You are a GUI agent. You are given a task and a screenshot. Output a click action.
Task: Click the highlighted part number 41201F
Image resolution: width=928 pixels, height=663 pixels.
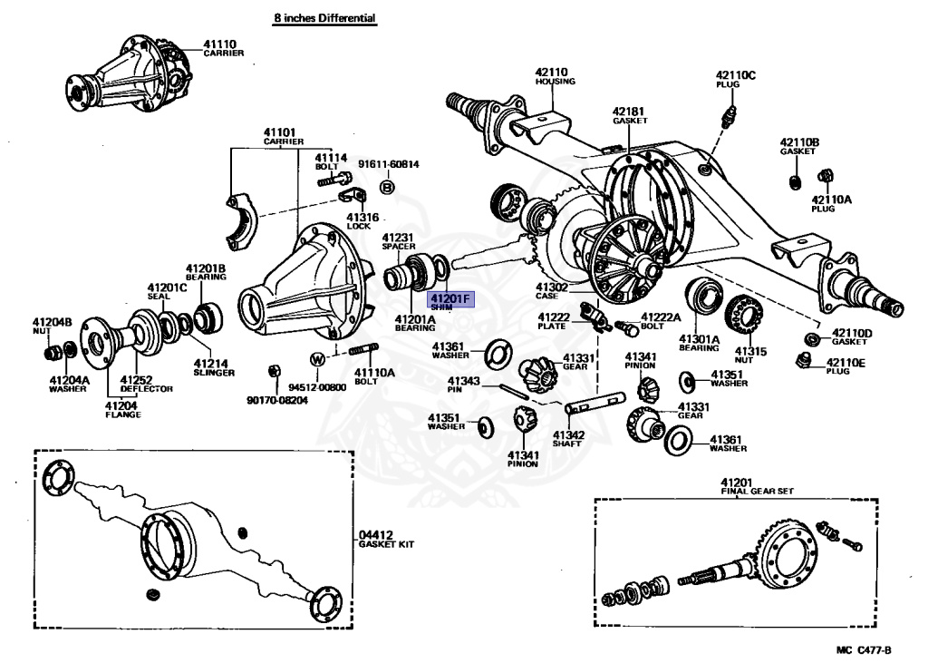coord(450,300)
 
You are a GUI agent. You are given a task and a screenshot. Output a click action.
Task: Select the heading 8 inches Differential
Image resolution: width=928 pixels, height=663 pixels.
coord(324,18)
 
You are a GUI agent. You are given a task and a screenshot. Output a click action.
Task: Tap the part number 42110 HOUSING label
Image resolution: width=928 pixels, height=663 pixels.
coord(554,76)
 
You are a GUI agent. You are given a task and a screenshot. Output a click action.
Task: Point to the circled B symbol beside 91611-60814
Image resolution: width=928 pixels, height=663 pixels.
coord(387,187)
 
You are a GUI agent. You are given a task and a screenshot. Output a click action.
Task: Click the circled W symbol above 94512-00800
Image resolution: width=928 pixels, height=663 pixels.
coord(317,359)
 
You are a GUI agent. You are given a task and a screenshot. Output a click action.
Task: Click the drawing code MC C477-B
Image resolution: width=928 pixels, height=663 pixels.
coord(865,650)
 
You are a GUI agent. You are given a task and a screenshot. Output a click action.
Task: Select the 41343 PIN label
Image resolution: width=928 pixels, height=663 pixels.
coord(463,385)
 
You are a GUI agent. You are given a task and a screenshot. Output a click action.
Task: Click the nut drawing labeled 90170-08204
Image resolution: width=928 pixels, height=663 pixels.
coord(273,370)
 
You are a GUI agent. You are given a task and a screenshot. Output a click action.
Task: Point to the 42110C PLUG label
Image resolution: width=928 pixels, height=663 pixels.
coord(734,79)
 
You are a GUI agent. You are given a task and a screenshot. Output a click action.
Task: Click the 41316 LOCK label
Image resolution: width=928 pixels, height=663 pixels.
coord(362,222)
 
